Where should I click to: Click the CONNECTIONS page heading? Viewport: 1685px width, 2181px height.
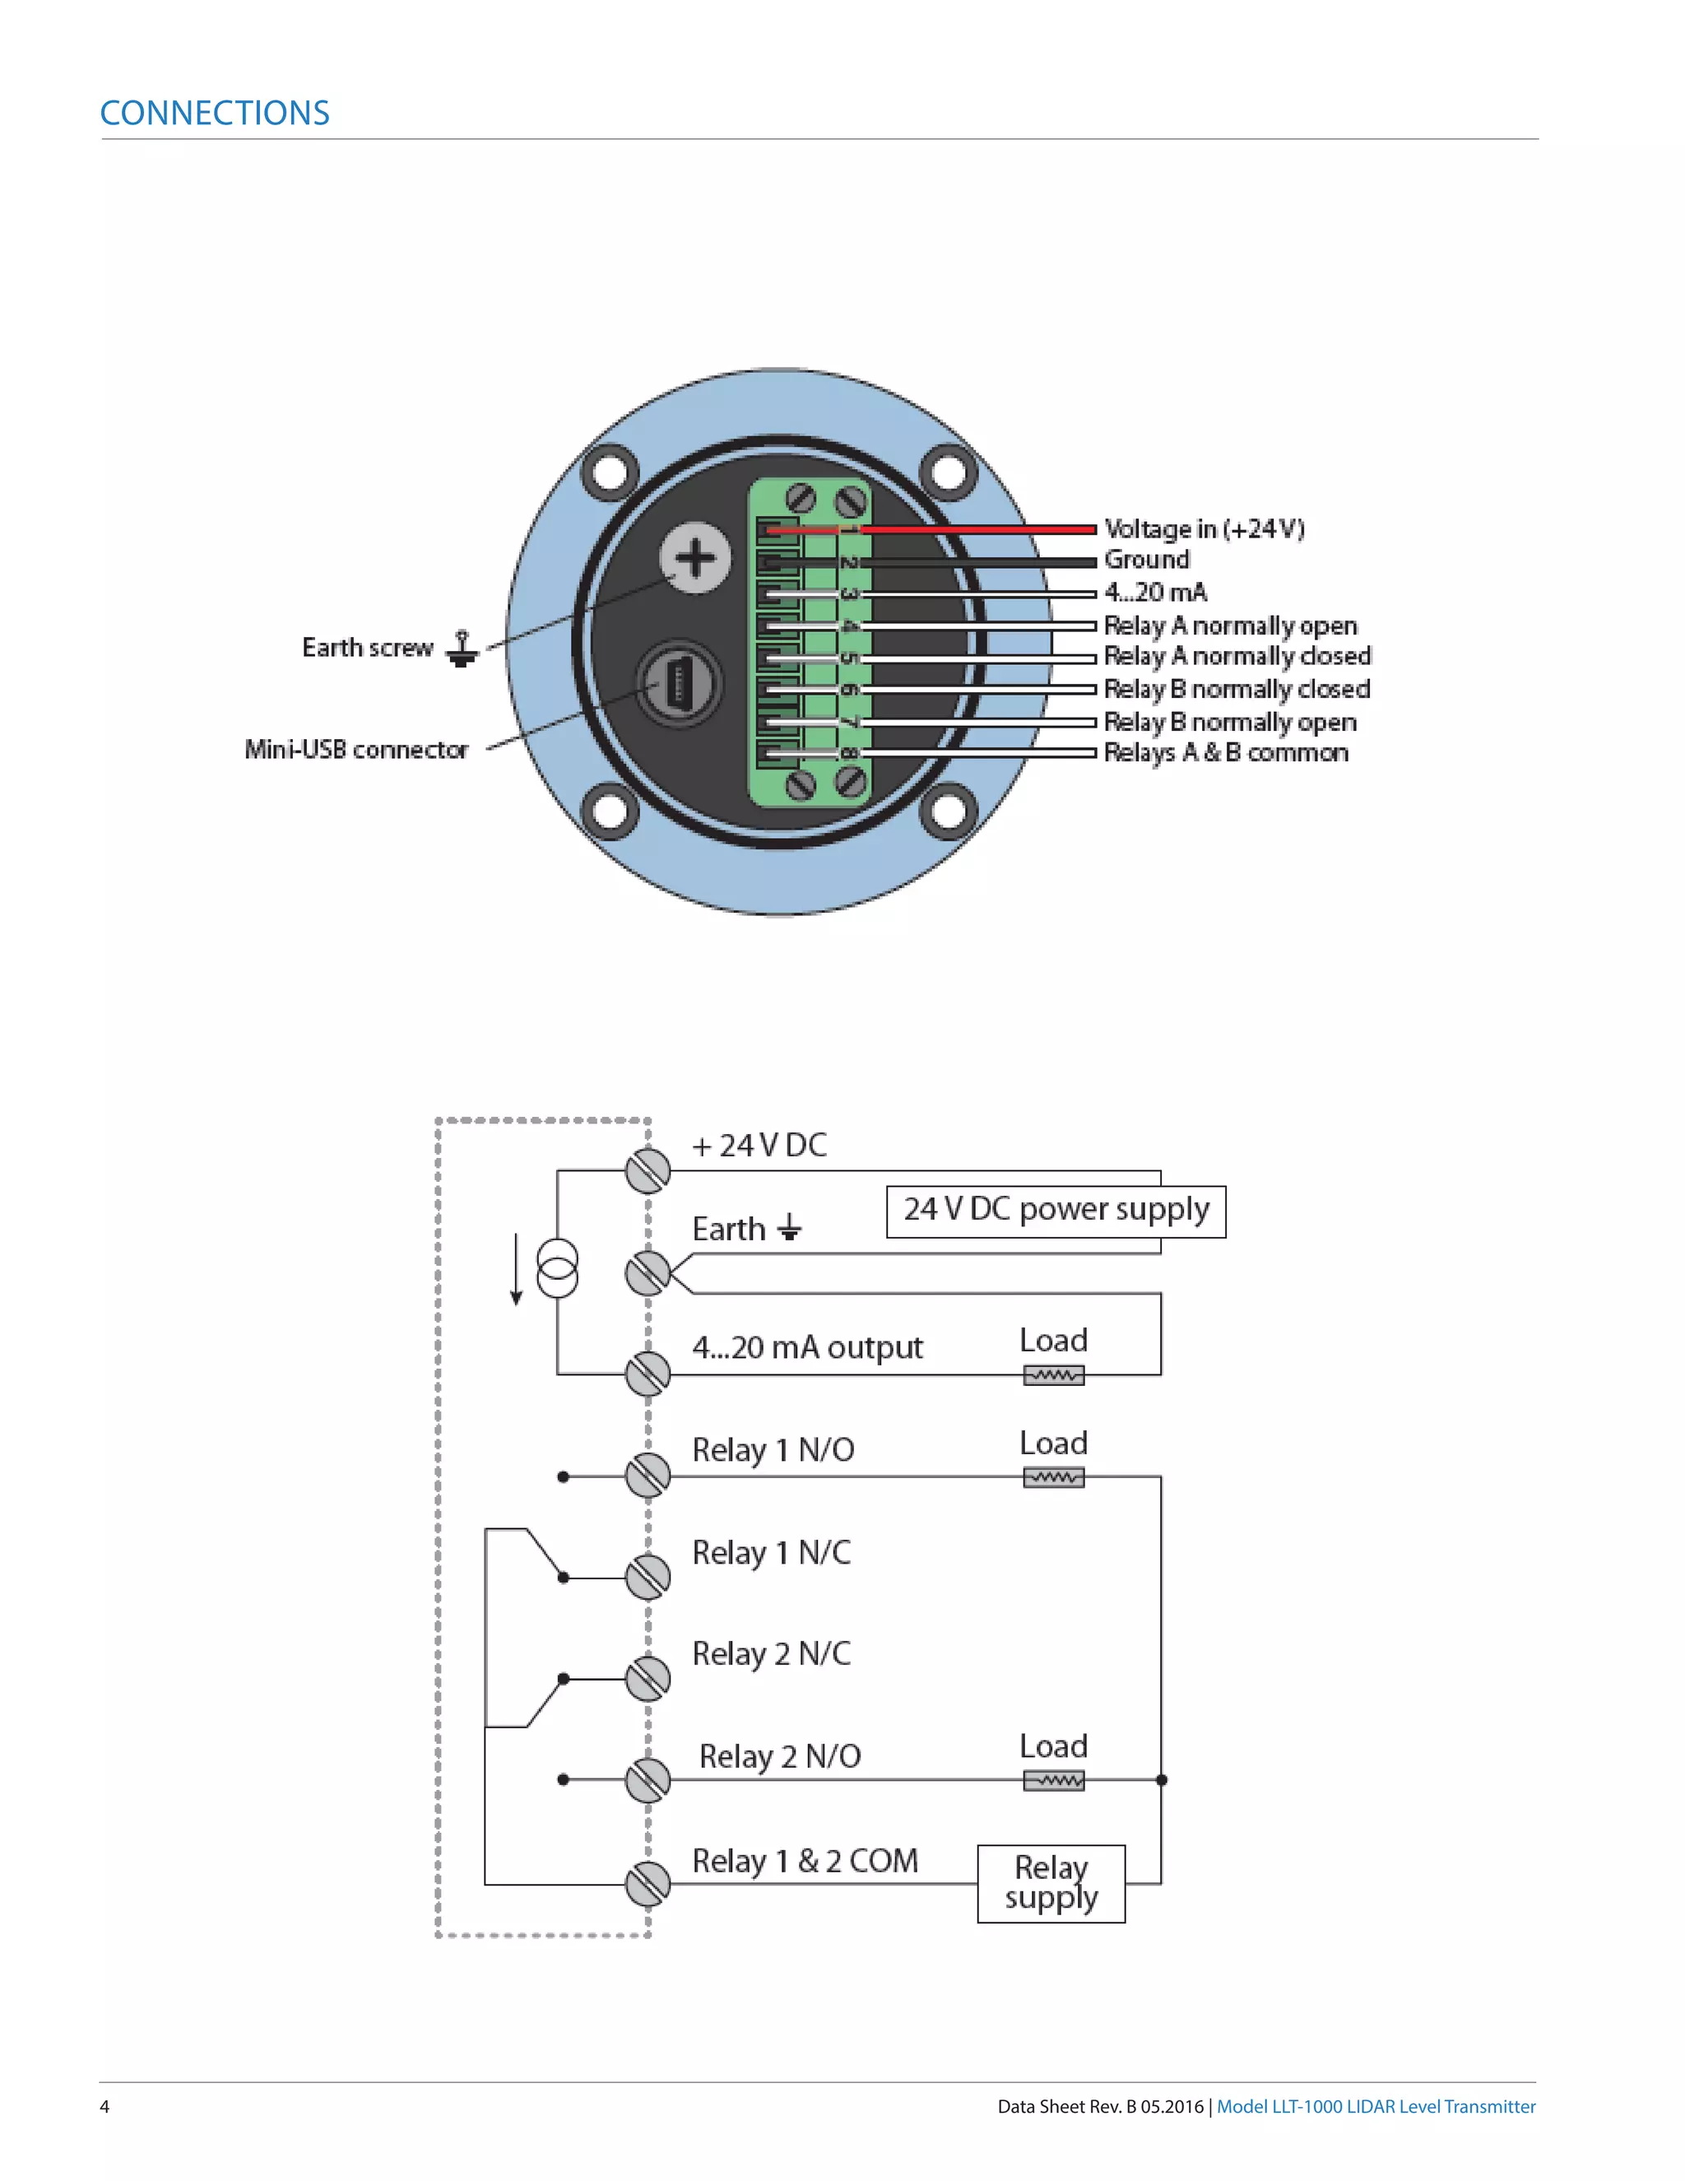215,113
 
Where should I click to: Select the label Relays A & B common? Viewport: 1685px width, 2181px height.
1225,753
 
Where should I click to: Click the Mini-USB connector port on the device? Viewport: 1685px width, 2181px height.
679,684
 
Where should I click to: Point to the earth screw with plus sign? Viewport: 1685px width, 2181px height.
696,557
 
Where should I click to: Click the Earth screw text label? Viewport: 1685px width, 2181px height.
367,648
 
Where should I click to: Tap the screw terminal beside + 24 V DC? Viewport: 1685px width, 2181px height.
648,1170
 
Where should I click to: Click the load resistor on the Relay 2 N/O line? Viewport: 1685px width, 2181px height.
1053,1780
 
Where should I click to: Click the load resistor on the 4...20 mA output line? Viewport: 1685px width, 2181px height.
1053,1375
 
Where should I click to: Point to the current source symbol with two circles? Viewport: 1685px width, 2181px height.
557,1268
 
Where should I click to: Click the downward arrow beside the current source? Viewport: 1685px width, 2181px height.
516,1270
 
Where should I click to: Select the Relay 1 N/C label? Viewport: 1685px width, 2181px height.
771,1553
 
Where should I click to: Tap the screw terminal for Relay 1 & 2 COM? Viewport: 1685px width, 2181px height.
648,1885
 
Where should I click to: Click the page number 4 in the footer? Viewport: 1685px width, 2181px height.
104,2106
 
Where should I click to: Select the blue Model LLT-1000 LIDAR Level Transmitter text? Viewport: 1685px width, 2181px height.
1376,2106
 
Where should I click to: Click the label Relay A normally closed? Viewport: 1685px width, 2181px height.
1236,656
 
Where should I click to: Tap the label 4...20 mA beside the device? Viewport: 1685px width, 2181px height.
1155,593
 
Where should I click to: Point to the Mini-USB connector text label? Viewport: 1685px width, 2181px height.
356,750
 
